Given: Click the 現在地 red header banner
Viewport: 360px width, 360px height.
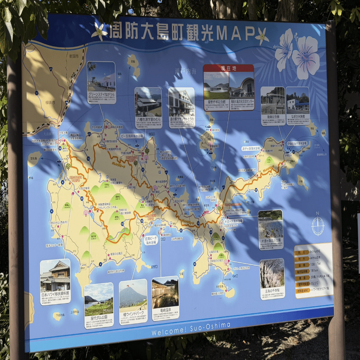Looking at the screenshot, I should click(x=228, y=68).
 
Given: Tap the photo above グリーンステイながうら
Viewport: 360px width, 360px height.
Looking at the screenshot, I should click(x=101, y=76).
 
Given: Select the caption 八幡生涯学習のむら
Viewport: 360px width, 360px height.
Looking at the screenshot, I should click(x=148, y=118).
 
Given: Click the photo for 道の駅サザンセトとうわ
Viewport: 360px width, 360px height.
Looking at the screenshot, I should click(x=181, y=101).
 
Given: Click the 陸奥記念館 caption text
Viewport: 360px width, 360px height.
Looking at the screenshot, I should click(x=272, y=117).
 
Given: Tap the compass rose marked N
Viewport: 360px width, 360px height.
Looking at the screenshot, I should click(x=318, y=225).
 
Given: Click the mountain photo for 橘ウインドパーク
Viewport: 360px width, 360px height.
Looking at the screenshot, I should click(x=133, y=293).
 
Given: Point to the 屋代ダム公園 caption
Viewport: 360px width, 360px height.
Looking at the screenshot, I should click(x=98, y=316).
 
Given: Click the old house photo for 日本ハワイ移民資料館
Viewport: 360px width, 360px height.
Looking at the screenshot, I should click(x=55, y=275).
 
